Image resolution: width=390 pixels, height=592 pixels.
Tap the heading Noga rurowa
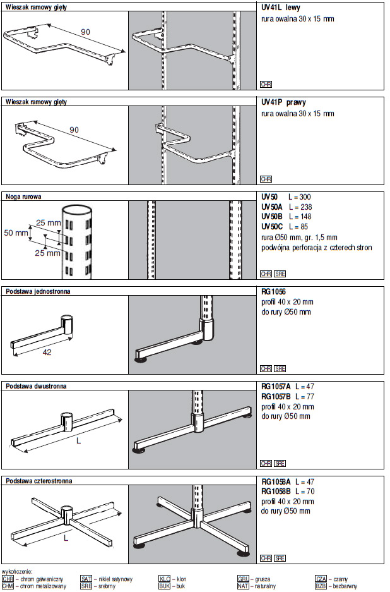click(23, 196)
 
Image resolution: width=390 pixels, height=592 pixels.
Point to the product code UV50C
click(273, 226)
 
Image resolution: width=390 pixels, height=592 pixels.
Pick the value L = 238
click(300, 207)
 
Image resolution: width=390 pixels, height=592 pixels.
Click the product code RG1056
click(273, 292)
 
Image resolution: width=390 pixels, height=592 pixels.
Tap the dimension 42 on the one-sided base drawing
click(47, 353)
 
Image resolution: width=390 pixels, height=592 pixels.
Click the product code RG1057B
click(275, 396)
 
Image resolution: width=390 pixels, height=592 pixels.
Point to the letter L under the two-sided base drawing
click(78, 441)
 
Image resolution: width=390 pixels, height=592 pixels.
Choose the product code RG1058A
click(275, 481)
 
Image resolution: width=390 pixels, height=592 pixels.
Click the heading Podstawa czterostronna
click(38, 481)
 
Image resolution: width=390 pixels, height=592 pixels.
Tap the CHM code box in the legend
click(8, 586)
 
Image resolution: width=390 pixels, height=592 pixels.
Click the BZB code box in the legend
click(321, 586)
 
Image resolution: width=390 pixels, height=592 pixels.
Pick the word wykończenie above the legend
click(18, 571)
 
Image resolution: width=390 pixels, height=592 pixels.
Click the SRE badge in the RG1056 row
click(280, 368)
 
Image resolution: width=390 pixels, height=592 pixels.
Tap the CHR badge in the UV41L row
click(266, 84)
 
